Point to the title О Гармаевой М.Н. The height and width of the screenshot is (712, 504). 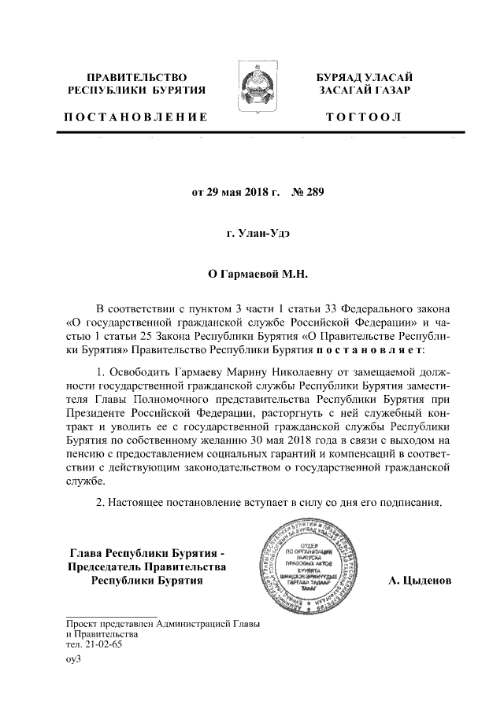[x=251, y=275]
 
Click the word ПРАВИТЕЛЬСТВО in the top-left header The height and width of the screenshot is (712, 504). [x=135, y=77]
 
